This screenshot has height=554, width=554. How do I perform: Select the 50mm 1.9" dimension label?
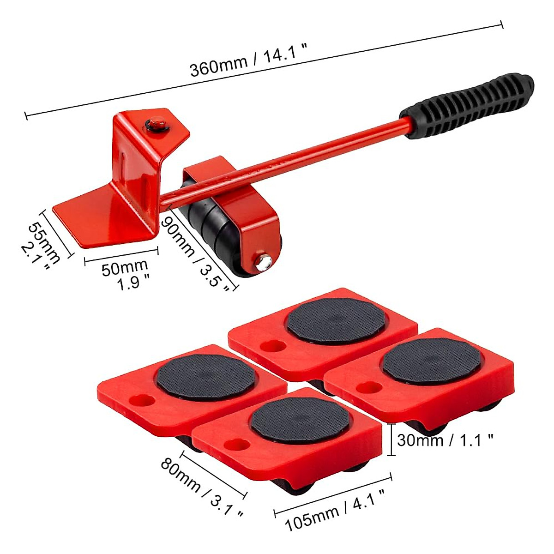click(126, 274)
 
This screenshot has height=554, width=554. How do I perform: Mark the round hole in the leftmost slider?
click(139, 400)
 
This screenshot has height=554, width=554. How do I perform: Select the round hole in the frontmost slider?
click(235, 445)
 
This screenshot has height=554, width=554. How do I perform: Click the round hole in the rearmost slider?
click(269, 346)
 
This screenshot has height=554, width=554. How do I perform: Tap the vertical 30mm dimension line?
click(391, 440)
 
